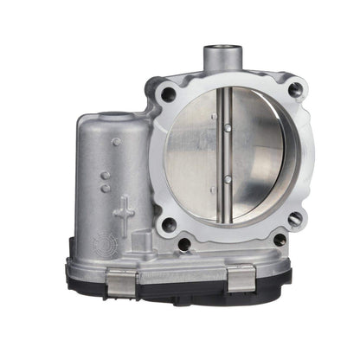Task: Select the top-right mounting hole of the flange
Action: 295,87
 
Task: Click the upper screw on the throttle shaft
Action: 227,127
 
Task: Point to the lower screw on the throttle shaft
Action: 226,179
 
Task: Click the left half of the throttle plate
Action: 195,156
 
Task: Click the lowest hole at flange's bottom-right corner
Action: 280,239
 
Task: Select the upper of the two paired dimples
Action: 103,177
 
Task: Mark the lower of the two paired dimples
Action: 105,188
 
